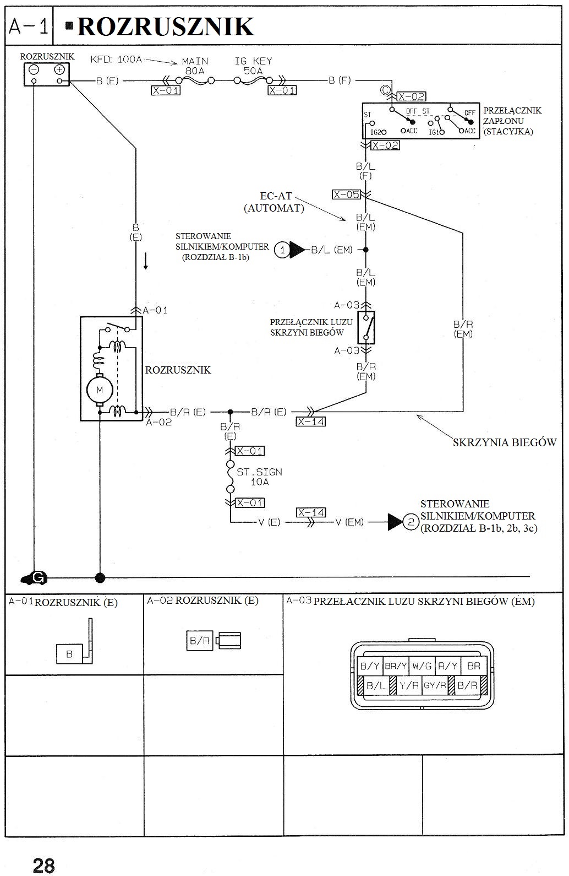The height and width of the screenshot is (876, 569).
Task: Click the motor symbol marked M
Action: (100, 390)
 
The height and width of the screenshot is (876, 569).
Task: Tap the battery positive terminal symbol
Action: (59, 70)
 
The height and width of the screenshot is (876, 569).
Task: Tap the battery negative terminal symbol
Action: (34, 70)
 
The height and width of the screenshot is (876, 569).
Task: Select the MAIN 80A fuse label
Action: (195, 66)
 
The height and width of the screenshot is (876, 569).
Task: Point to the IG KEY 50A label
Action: (253, 66)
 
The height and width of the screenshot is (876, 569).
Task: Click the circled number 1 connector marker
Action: (282, 250)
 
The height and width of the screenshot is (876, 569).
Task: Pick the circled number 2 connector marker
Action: (411, 521)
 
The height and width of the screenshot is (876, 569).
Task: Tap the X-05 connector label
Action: (346, 194)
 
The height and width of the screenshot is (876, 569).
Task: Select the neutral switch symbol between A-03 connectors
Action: (366, 327)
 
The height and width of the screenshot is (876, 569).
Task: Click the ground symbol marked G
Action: (36, 577)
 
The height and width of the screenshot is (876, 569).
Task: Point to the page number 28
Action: (44, 866)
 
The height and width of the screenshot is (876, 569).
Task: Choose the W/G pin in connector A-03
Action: (422, 666)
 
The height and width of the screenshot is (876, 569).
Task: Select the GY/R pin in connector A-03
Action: (435, 686)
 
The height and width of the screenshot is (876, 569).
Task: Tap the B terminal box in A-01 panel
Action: (69, 654)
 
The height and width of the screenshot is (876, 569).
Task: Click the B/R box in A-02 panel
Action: (199, 641)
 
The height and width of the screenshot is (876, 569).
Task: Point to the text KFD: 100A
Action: (116, 59)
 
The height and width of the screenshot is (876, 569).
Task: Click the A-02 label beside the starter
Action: (159, 423)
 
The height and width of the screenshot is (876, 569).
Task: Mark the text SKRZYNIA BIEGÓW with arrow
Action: (505, 442)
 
